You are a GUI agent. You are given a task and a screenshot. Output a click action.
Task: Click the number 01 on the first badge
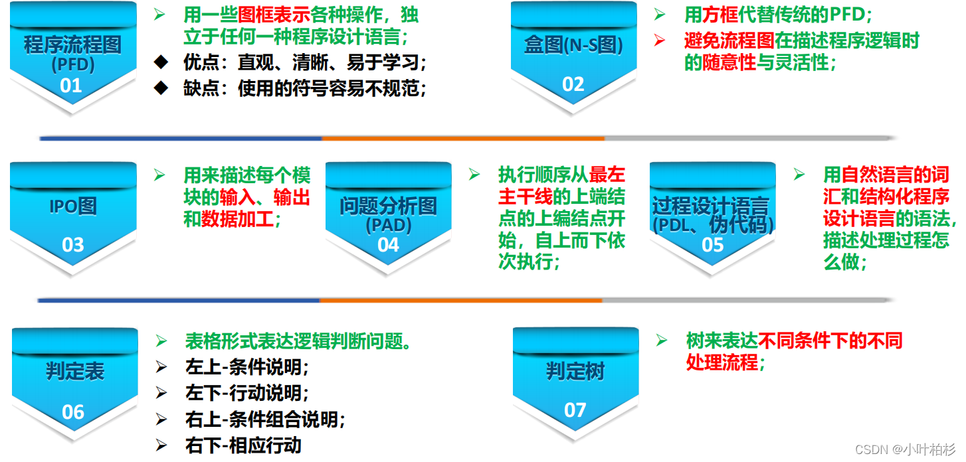[70, 86]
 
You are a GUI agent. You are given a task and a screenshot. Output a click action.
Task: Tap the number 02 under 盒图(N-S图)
[573, 84]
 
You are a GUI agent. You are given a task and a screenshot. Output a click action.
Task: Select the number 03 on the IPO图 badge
[72, 245]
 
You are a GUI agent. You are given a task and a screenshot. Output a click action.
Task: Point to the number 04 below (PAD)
[388, 245]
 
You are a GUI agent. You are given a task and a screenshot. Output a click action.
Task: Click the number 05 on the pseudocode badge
[712, 245]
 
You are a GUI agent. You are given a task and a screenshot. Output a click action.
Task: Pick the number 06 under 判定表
[73, 412]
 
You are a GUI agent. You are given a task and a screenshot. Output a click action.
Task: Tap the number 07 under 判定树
[575, 410]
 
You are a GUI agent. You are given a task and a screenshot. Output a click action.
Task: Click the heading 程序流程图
[73, 46]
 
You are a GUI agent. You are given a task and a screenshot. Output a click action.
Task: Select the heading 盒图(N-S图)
[573, 46]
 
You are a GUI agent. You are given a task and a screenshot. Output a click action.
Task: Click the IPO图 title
[73, 206]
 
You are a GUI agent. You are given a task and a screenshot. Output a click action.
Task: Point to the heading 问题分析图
[389, 206]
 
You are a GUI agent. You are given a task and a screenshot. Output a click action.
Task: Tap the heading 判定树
[575, 371]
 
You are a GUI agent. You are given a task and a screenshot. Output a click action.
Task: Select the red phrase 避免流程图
[729, 40]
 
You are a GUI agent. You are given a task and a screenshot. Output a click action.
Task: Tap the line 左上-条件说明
[247, 366]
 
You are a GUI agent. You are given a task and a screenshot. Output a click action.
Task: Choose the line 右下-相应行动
[243, 445]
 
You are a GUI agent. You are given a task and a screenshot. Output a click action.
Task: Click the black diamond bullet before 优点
[161, 62]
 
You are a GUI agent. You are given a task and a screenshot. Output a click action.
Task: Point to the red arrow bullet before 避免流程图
[659, 40]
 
